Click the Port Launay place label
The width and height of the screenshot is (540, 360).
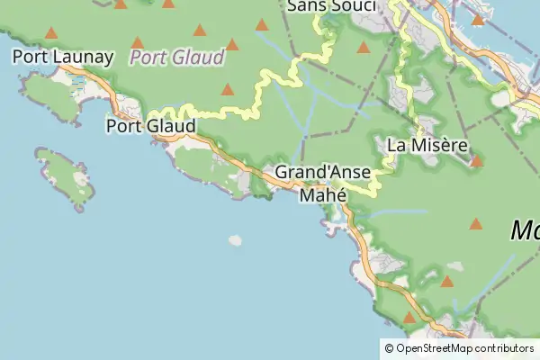point(63,58)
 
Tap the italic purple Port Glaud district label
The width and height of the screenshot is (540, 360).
point(176,58)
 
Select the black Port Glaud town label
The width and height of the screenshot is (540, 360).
point(150,126)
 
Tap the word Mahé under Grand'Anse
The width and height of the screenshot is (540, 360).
point(323,193)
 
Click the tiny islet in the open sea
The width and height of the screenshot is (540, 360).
point(235,240)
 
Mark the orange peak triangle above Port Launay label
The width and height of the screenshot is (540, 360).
point(51,33)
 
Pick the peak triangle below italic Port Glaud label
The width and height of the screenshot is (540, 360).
point(228,90)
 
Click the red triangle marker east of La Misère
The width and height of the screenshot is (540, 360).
point(476,162)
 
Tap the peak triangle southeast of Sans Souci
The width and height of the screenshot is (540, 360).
point(363,48)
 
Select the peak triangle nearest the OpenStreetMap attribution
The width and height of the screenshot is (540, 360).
point(409,318)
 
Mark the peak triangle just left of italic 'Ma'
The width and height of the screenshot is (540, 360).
point(475,224)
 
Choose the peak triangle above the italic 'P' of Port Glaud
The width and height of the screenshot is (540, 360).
point(138,42)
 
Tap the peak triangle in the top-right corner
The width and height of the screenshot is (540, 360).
point(478,19)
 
